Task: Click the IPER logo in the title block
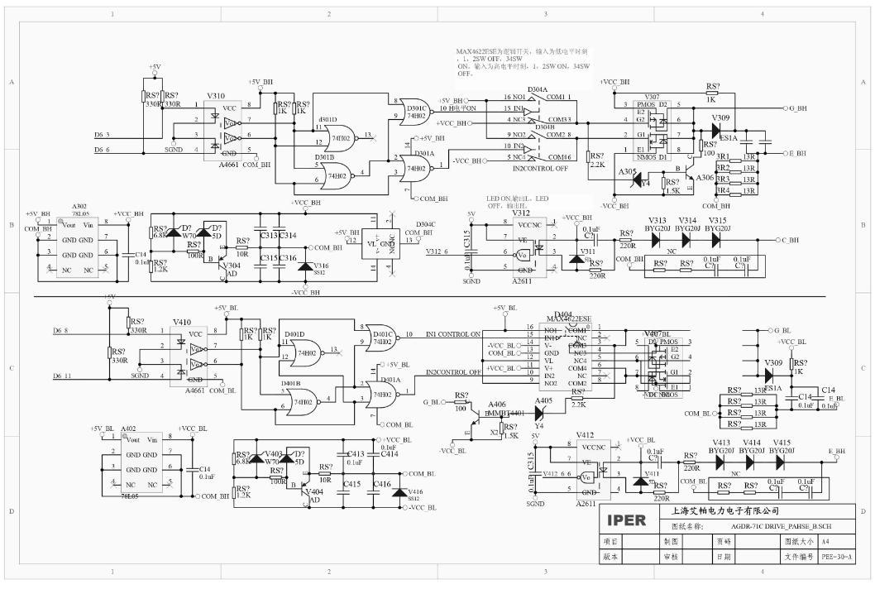point(629,522)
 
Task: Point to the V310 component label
point(216,96)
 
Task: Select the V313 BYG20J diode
point(658,239)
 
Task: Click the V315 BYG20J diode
point(716,239)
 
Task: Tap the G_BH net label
point(800,108)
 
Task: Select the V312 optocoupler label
point(520,213)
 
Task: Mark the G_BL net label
point(431,402)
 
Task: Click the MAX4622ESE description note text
point(529,62)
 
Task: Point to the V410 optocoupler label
point(181,323)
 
